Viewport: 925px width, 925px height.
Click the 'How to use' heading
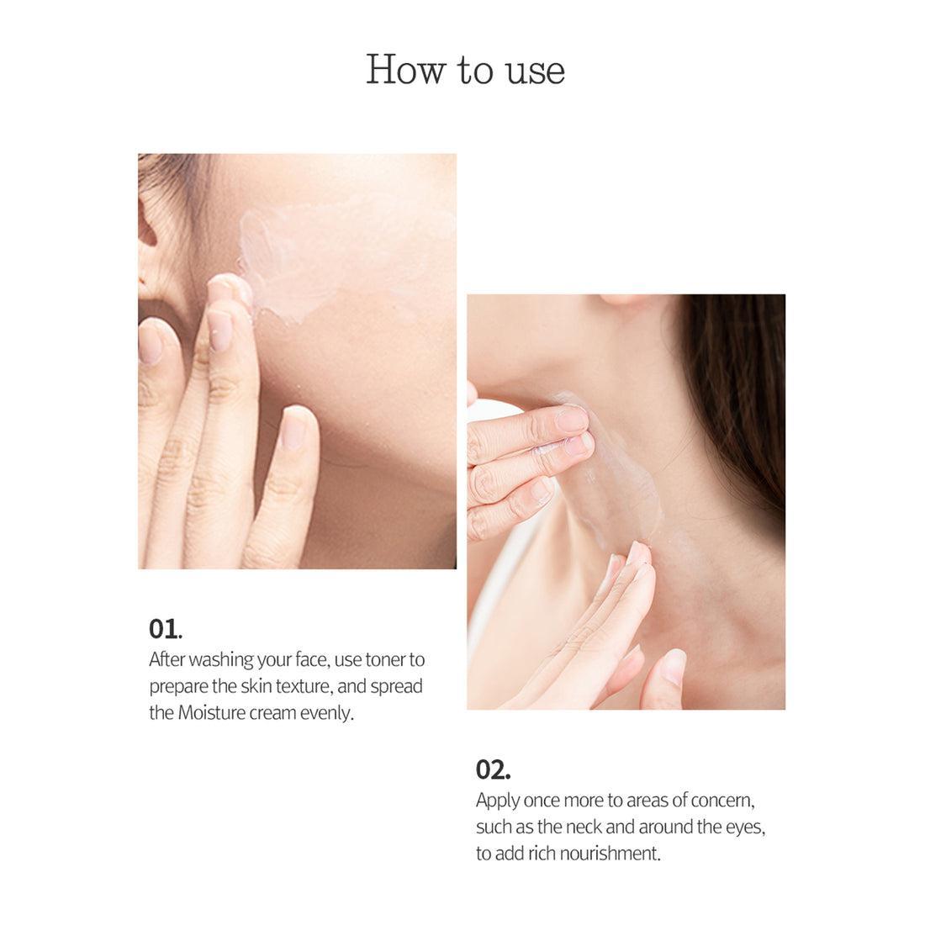click(x=465, y=71)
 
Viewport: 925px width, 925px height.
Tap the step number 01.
click(x=165, y=629)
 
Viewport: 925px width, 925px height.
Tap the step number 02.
click(x=493, y=769)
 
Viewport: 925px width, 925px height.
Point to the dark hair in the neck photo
click(x=740, y=404)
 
